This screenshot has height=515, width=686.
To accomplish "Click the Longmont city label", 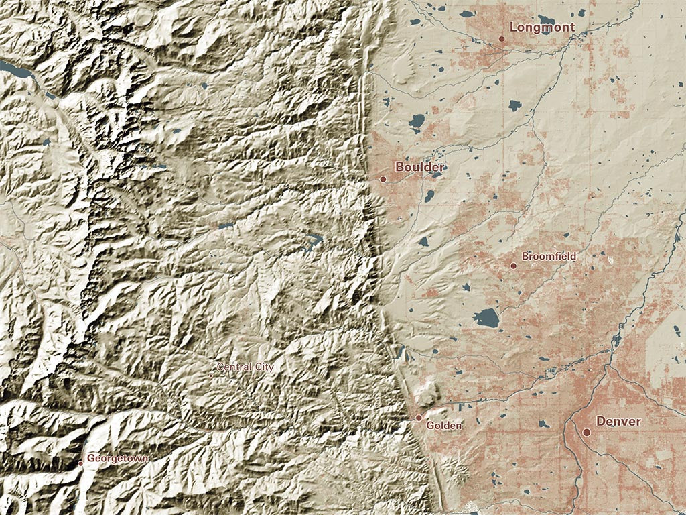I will (542, 27).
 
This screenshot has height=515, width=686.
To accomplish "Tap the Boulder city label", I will (419, 167).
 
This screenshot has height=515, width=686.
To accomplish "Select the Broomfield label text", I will (548, 257).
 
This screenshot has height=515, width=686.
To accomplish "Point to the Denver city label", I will (618, 422).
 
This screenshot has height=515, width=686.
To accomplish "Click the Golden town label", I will (443, 425).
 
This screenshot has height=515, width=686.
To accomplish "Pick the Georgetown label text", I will (118, 459).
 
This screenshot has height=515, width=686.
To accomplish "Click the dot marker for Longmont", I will (501, 39).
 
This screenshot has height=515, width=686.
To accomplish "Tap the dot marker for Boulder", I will (383, 179).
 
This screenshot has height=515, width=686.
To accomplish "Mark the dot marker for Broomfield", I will (513, 266).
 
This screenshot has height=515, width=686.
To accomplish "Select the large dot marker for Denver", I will (586, 433).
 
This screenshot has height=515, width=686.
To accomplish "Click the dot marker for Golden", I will (419, 418).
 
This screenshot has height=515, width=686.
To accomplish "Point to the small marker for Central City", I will (210, 375).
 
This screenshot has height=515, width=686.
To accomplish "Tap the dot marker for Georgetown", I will (80, 463).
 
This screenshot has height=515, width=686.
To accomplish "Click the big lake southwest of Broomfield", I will (486, 317).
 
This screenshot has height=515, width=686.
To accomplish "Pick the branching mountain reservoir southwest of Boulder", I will (312, 240).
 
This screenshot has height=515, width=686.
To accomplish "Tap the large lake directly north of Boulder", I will (416, 122).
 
